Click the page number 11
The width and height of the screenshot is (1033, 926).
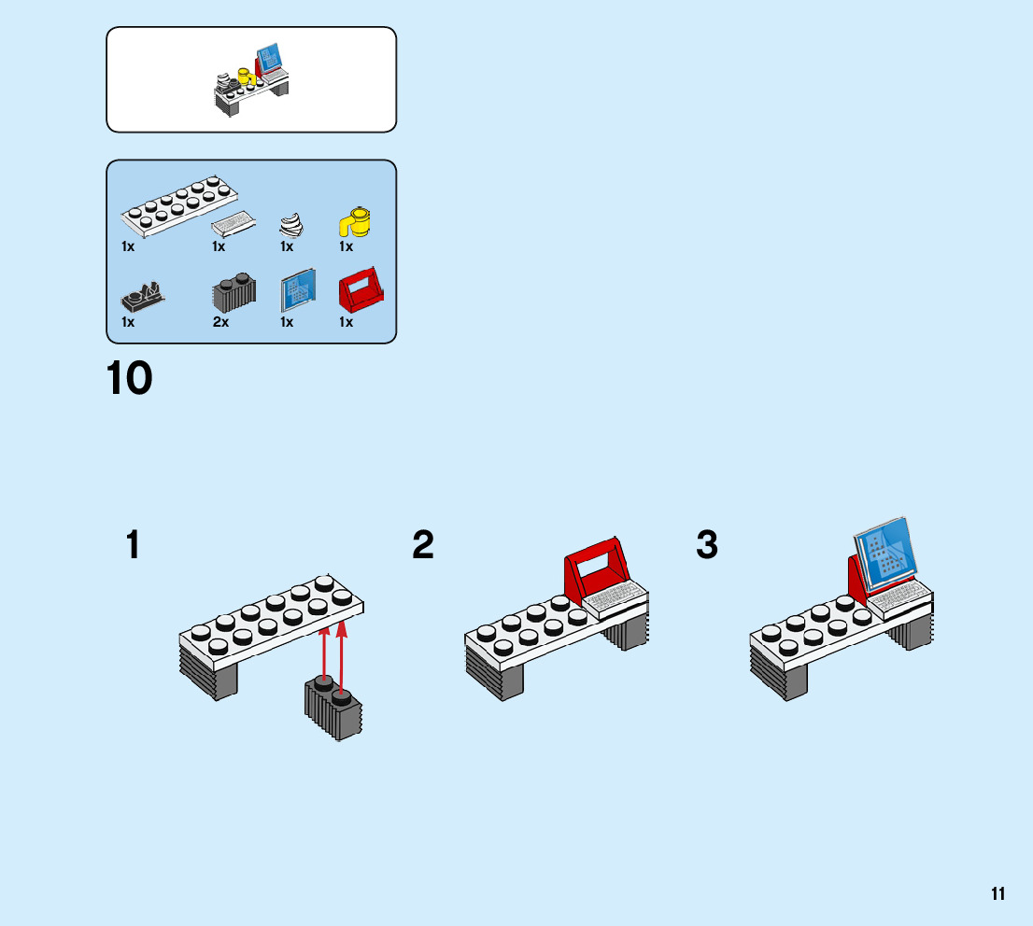998,894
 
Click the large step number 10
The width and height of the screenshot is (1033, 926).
129,380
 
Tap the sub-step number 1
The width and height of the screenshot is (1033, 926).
134,546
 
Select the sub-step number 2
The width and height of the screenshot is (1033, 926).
423,546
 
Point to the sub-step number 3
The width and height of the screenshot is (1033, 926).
707,546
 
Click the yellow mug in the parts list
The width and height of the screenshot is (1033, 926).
355,222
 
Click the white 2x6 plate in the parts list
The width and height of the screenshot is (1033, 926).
178,204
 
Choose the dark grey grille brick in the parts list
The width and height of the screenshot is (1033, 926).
233,293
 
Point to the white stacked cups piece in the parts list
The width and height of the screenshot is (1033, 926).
290,225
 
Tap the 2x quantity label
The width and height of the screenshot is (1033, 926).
220,323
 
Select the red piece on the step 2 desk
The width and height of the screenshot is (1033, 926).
595,568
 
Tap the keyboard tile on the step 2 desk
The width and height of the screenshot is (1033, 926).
614,596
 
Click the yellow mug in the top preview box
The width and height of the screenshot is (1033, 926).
246,77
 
